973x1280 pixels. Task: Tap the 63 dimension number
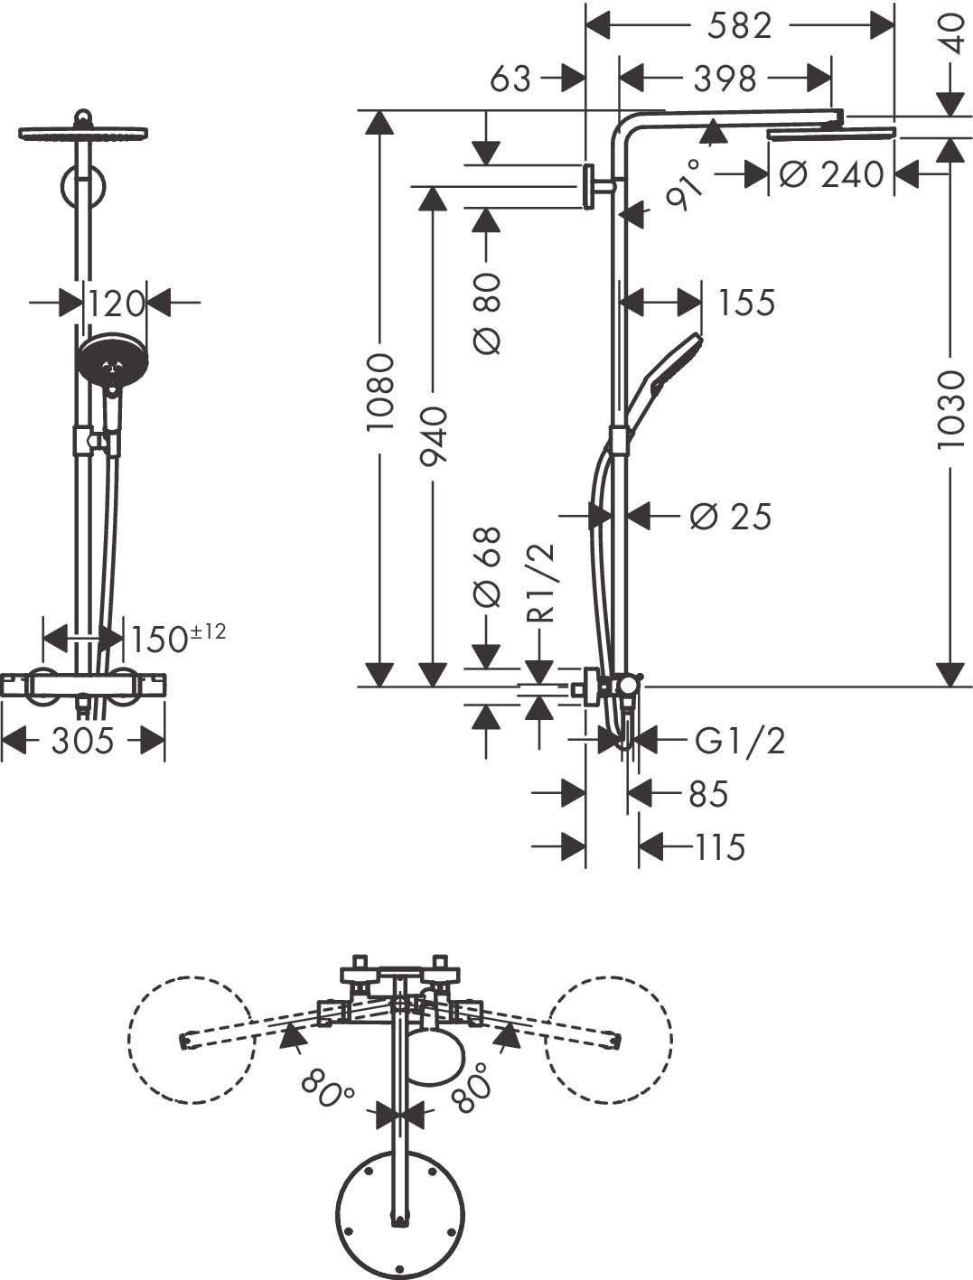pyautogui.click(x=510, y=79)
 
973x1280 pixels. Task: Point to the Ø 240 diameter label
pyautogui.click(x=831, y=173)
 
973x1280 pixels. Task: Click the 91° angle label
pyautogui.click(x=684, y=184)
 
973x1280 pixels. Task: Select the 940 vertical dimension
pyautogui.click(x=434, y=436)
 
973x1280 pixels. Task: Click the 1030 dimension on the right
pyautogui.click(x=950, y=409)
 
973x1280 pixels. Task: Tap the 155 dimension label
pyautogui.click(x=746, y=303)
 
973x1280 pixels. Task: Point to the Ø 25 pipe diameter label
pyautogui.click(x=730, y=517)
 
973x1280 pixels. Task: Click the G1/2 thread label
pyautogui.click(x=740, y=741)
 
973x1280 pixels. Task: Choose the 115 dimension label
pyautogui.click(x=719, y=847)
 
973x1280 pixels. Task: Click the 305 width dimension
pyautogui.click(x=82, y=742)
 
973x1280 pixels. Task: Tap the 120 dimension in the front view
pyautogui.click(x=117, y=304)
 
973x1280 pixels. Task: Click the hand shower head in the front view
pyautogui.click(x=109, y=360)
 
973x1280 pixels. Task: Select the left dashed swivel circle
pyautogui.click(x=189, y=1039)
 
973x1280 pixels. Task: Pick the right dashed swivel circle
pyautogui.click(x=608, y=1039)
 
